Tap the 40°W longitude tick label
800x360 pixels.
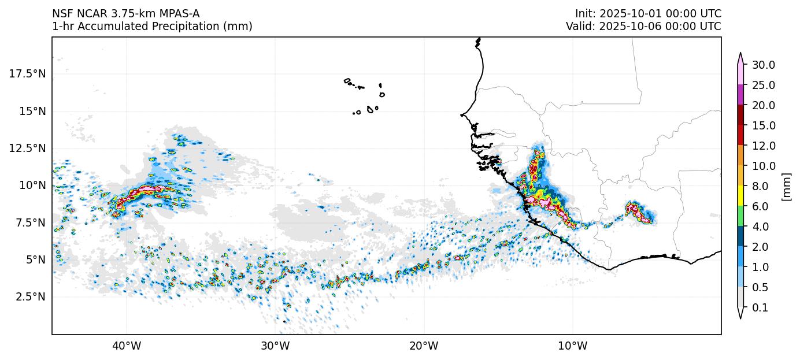pos(126,346)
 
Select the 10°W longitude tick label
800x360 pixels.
pos(573,346)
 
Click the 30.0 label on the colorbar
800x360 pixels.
pos(763,65)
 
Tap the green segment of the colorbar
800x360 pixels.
pos(739,216)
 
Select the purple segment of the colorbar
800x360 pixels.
pos(739,95)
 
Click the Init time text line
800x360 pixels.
pos(648,14)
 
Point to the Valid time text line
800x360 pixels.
pos(643,27)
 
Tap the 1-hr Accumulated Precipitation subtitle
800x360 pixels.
pos(152,27)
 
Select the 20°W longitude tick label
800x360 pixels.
pos(424,346)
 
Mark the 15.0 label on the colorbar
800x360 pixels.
pos(763,125)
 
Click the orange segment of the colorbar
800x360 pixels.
pos(739,155)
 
